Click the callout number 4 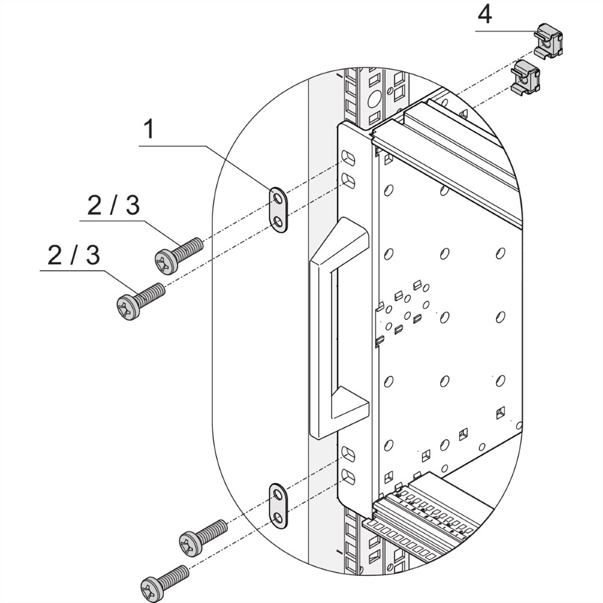[x=484, y=14]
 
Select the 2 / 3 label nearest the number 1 [x=113, y=206]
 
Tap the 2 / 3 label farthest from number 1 [x=74, y=256]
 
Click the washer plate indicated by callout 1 [x=277, y=209]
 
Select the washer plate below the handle [x=277, y=505]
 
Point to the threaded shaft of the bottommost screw [x=174, y=573]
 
